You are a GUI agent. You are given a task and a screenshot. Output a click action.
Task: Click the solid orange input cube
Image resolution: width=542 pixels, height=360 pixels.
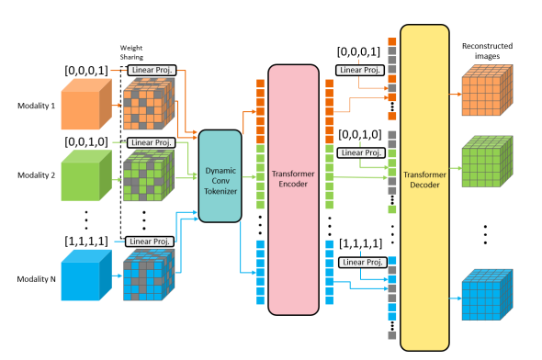point(87,103)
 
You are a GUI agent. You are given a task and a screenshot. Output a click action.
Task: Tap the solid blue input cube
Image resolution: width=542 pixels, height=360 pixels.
point(87,277)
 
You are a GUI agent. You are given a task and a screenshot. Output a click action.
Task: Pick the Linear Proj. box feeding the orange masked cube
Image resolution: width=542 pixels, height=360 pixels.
point(152,70)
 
